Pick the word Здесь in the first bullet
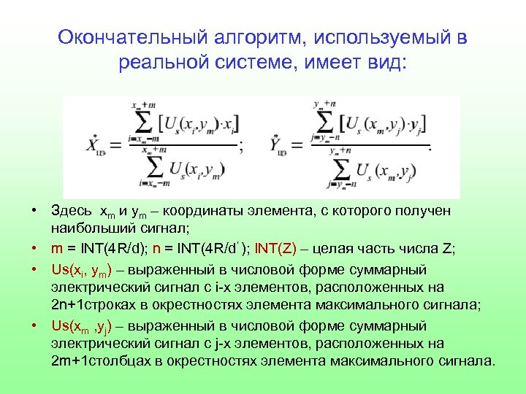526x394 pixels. click(x=70, y=211)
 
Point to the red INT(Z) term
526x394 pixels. click(x=278, y=249)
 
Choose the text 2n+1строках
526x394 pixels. click(x=87, y=304)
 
